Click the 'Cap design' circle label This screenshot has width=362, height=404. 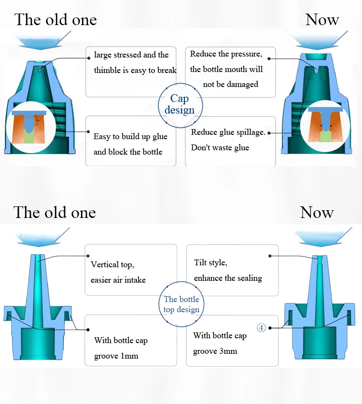[x=180, y=104]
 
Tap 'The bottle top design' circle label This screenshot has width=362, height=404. [x=181, y=304]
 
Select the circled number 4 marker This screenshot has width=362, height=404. [x=261, y=328]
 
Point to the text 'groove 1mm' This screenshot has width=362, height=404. [x=116, y=356]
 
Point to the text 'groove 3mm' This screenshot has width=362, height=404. [x=215, y=351]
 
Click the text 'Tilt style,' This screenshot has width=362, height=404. [x=210, y=263]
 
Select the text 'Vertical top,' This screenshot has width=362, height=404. [x=112, y=265]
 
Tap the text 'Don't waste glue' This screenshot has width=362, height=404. [x=220, y=147]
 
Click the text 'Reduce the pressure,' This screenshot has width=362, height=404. [x=226, y=54]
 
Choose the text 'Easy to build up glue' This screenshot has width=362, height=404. [x=130, y=136]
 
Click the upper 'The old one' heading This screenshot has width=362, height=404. [x=56, y=20]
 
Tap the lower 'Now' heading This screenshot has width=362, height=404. [x=317, y=212]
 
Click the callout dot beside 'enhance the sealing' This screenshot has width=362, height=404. [x=270, y=256]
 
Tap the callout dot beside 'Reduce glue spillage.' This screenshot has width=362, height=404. [x=269, y=133]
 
